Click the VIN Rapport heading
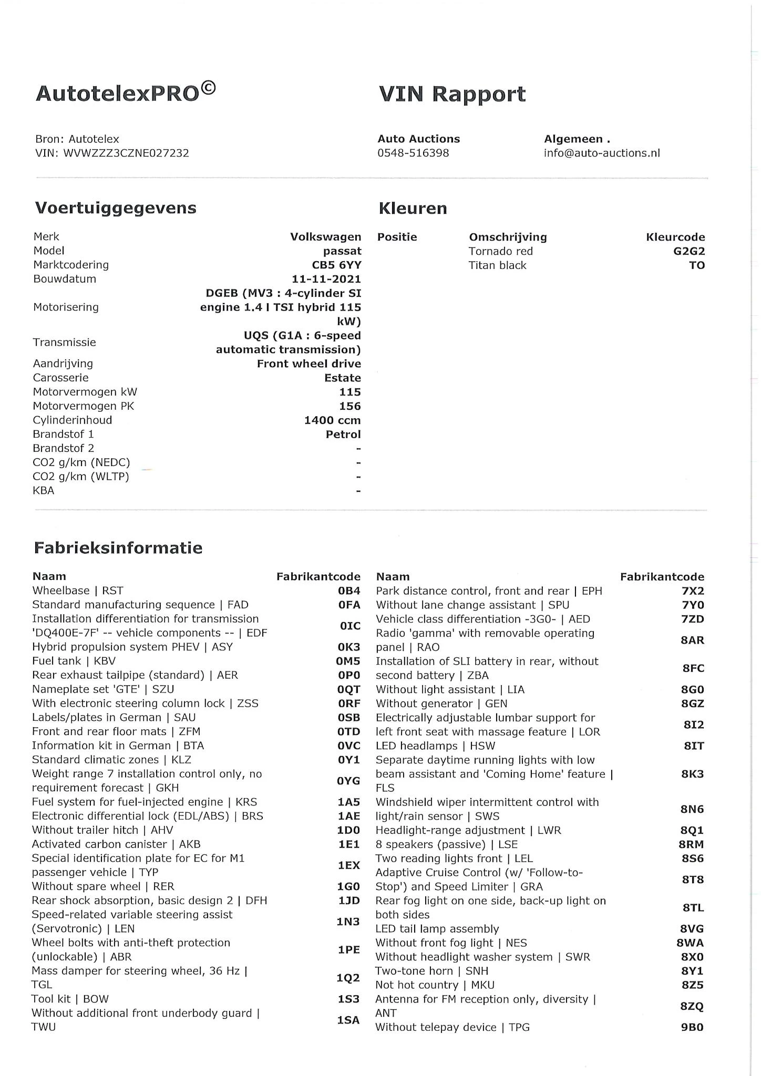pos(451,94)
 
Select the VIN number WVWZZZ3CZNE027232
pos(126,153)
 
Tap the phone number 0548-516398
pos(413,153)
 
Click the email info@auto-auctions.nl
pos(602,153)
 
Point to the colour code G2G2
pos(689,251)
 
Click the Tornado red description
pos(500,251)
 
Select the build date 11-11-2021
pos(326,279)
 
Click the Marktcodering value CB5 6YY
pos(336,265)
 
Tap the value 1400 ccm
pos(332,420)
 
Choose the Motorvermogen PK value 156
pos(350,406)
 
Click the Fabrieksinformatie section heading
pos(118,548)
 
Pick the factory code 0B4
pos(349,591)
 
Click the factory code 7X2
pos(693,591)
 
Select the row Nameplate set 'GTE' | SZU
pos(103,689)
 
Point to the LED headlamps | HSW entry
pos(435,746)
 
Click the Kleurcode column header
pos(675,237)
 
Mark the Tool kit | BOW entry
pos(70,999)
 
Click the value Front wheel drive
pos(308,364)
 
